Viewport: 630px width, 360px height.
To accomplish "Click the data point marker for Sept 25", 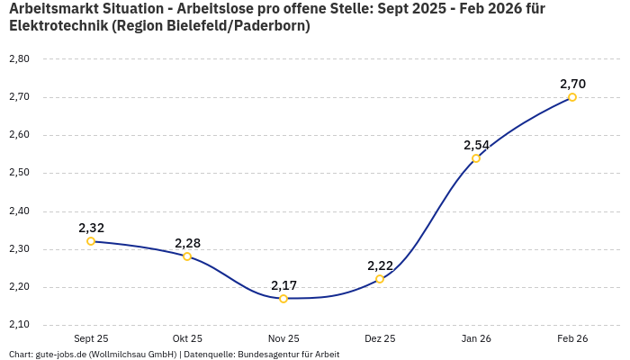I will point(91,241).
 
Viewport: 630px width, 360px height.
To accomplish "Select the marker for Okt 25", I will point(187,256).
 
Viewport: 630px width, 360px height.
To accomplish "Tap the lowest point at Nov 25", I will point(283,298).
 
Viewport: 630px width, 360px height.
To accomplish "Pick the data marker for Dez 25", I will point(380,279).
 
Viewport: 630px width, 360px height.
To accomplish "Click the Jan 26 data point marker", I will point(476,158).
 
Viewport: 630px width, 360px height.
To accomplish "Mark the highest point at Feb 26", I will point(572,97).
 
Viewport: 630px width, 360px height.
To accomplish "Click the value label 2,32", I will point(91,228).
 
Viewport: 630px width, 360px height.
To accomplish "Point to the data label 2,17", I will point(283,284).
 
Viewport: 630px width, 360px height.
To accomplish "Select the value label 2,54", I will point(476,145).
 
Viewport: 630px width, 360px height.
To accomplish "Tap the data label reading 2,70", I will point(572,84).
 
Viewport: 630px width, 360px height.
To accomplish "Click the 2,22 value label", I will point(380,265).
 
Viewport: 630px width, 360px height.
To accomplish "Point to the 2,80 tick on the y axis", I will point(19,59).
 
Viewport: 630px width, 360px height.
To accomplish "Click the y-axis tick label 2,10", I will point(19,325).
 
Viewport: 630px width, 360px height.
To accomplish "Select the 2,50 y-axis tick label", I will point(19,173).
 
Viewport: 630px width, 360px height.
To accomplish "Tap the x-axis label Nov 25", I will point(283,338).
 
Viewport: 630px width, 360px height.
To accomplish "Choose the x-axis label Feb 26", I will point(572,338).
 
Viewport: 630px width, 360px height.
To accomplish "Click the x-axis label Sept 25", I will point(91,338).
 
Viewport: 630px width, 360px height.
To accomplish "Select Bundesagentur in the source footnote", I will point(265,354).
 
